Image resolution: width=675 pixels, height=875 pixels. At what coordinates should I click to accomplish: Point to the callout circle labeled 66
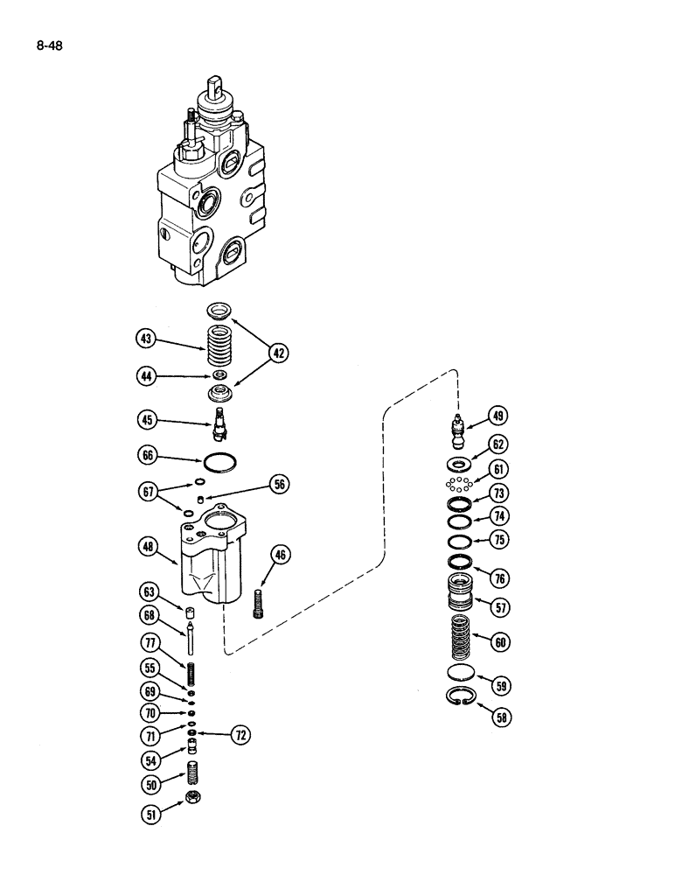click(146, 457)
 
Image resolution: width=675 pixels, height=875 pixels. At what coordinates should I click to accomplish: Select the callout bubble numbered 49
click(498, 416)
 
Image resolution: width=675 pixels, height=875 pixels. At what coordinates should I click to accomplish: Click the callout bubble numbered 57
click(503, 605)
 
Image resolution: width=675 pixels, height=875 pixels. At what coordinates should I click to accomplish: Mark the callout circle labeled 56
click(279, 484)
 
